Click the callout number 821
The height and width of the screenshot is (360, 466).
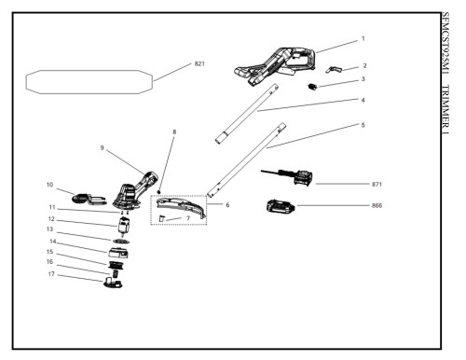[199, 63]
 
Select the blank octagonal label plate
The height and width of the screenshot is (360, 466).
[89, 82]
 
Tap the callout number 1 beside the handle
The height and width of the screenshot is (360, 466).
[363, 39]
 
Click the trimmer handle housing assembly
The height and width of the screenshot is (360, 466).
[275, 66]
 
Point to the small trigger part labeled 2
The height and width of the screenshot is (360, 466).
[333, 69]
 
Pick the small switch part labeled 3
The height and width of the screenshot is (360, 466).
[312, 87]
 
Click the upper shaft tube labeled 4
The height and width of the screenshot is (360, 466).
[246, 114]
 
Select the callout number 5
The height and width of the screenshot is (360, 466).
[363, 125]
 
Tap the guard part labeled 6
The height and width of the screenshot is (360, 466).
[182, 207]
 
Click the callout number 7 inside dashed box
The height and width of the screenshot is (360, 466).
[188, 218]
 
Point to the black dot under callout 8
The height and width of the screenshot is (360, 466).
[158, 192]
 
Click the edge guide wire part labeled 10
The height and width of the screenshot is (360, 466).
[89, 200]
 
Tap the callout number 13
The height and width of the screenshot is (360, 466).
[49, 229]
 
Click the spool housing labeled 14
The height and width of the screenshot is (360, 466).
[118, 252]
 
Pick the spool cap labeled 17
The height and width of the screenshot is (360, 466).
[113, 283]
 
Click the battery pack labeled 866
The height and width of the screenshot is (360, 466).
[281, 206]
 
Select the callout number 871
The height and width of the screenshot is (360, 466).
[377, 185]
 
